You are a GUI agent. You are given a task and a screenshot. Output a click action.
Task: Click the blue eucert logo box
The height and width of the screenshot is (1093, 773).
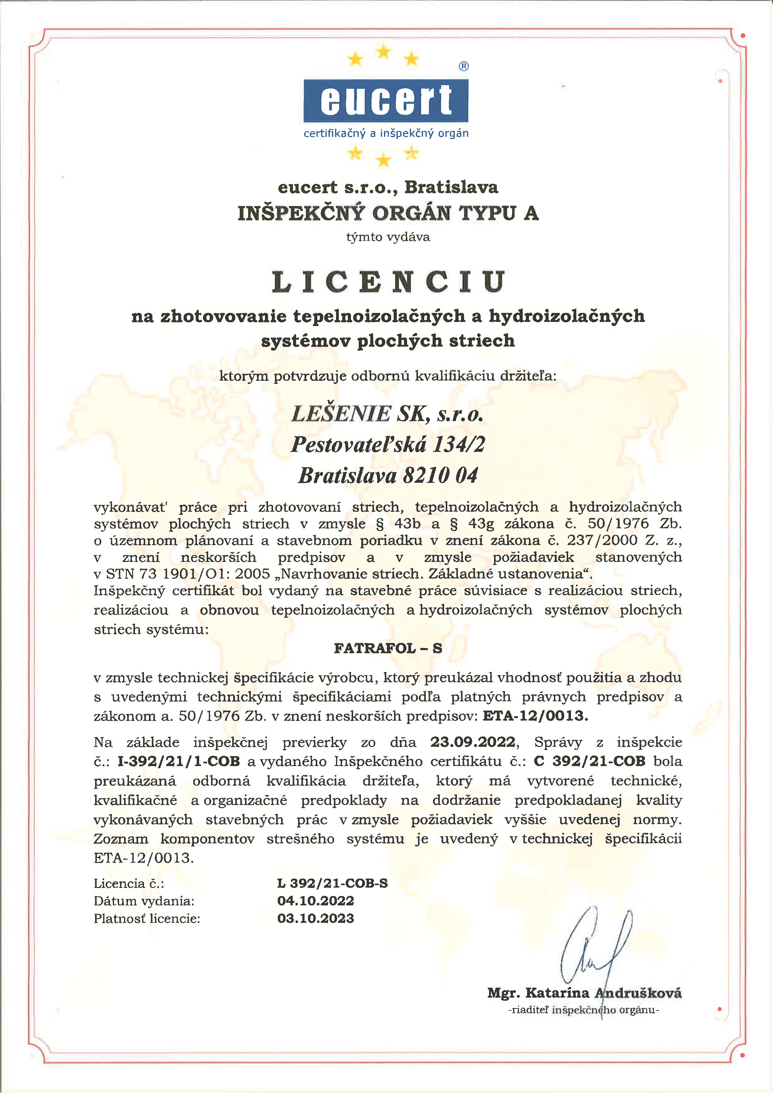click(x=386, y=100)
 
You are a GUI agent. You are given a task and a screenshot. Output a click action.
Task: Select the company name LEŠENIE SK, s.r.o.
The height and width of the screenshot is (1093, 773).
click(x=387, y=413)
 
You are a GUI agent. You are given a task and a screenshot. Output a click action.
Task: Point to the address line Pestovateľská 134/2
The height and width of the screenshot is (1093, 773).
click(x=388, y=444)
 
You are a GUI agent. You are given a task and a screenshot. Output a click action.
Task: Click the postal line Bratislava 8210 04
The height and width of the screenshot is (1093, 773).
click(x=388, y=475)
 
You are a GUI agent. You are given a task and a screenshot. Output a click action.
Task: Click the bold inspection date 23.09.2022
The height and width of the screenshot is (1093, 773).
click(x=473, y=742)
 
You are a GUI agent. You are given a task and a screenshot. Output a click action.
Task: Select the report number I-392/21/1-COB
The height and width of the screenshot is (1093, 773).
click(x=179, y=761)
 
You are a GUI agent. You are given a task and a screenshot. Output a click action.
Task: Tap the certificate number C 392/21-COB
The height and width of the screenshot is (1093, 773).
click(x=589, y=761)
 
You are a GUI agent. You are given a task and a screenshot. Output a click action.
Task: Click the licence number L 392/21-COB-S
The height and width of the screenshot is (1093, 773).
click(x=332, y=883)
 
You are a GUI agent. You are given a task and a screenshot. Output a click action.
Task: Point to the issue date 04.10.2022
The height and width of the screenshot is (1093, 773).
click(x=315, y=901)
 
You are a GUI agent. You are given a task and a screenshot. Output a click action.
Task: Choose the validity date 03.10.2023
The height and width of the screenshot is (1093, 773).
click(x=315, y=918)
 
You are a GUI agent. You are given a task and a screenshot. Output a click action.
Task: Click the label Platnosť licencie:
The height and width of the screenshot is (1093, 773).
click(x=146, y=918)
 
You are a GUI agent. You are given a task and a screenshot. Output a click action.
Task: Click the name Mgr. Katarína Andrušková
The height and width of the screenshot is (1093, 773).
click(x=584, y=993)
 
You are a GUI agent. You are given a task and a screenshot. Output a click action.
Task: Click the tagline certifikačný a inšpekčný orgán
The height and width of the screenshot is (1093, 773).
click(x=386, y=133)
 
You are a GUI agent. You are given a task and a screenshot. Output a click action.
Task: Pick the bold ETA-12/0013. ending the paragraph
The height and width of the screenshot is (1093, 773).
click(x=535, y=716)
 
